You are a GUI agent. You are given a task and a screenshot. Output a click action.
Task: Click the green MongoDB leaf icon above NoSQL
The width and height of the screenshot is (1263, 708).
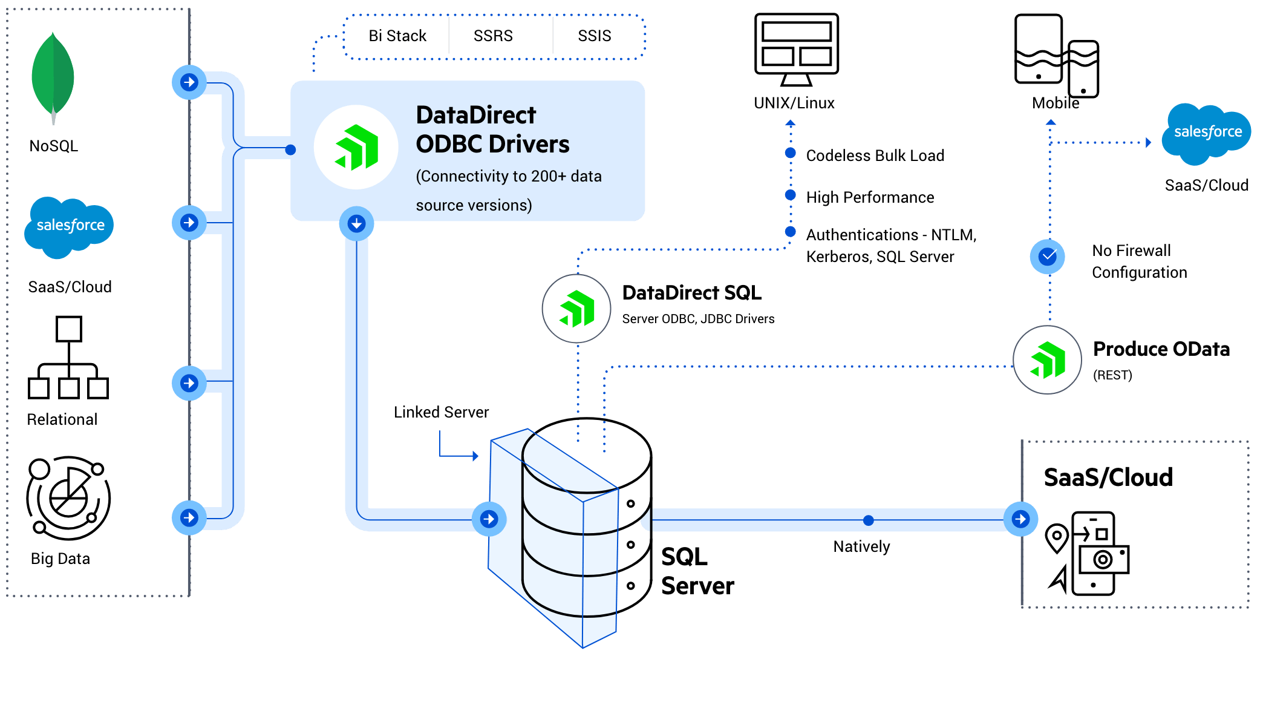[x=53, y=77]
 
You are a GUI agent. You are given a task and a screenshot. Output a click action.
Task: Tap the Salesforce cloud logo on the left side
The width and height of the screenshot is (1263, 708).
[x=70, y=226]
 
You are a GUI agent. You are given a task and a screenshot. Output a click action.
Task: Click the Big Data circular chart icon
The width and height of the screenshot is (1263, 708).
[x=68, y=497]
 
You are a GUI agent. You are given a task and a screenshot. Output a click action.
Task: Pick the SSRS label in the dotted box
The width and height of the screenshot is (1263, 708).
[x=493, y=36]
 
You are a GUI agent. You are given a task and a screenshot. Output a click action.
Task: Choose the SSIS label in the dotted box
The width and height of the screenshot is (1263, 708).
[x=594, y=36]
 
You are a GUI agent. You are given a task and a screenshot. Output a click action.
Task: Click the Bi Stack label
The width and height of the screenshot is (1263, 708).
[x=397, y=36]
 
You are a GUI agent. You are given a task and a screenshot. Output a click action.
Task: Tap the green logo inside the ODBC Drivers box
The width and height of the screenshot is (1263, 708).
[x=356, y=147]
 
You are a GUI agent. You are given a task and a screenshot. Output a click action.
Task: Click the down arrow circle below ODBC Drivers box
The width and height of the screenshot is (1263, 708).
[x=356, y=224]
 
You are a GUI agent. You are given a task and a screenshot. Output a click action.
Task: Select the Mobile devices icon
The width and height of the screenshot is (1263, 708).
[x=1056, y=56]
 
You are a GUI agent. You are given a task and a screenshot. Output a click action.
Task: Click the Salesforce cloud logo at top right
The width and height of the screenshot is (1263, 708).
[x=1207, y=133]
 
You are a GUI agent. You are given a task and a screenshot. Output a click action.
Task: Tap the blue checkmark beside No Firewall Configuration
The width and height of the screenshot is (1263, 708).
[x=1048, y=257]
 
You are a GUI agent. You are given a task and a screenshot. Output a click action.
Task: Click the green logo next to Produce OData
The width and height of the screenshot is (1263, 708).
[x=1047, y=360]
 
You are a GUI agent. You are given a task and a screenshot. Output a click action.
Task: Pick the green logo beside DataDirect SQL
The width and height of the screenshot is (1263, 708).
[x=576, y=309]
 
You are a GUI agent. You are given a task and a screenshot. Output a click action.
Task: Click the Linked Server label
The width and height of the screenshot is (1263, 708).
[x=441, y=412]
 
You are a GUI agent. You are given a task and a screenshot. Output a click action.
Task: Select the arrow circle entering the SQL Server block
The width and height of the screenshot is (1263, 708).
[x=489, y=519]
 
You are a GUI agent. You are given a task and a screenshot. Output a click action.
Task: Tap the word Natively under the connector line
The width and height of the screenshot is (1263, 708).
[x=861, y=546]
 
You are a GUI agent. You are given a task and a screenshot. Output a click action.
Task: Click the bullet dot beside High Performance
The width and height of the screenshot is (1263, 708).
[x=790, y=195]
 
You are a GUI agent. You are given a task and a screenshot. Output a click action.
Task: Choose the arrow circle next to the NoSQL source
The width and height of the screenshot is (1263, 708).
[x=189, y=82]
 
